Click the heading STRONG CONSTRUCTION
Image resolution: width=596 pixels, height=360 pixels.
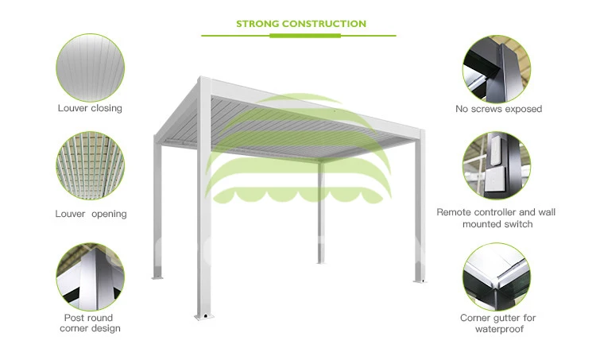pos(301,24)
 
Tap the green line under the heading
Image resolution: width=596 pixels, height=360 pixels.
pos(301,36)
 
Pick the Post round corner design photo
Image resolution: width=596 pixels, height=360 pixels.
pos(90,276)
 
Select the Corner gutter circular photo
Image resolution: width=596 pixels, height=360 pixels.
pos(497,276)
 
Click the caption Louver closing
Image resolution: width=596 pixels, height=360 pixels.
pos(90,108)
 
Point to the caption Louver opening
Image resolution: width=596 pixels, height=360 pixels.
pos(91,214)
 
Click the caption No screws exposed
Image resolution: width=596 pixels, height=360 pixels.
pos(498,109)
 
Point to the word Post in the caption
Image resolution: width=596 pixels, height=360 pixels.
pos(72,317)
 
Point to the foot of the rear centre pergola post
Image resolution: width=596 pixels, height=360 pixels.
pos(321,261)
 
